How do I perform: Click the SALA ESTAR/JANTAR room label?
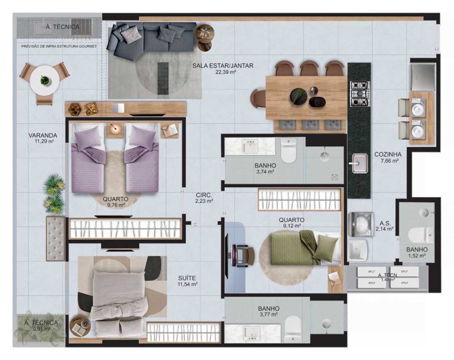point(223,66)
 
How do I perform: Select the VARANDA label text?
point(41,135)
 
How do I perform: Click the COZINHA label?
point(387,154)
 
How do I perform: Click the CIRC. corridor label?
point(204,195)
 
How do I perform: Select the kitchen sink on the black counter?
point(359,163)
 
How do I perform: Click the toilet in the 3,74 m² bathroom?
point(288,151)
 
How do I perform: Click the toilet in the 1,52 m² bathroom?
point(419,235)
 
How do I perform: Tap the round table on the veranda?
point(45,80)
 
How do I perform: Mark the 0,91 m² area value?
point(41,329)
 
